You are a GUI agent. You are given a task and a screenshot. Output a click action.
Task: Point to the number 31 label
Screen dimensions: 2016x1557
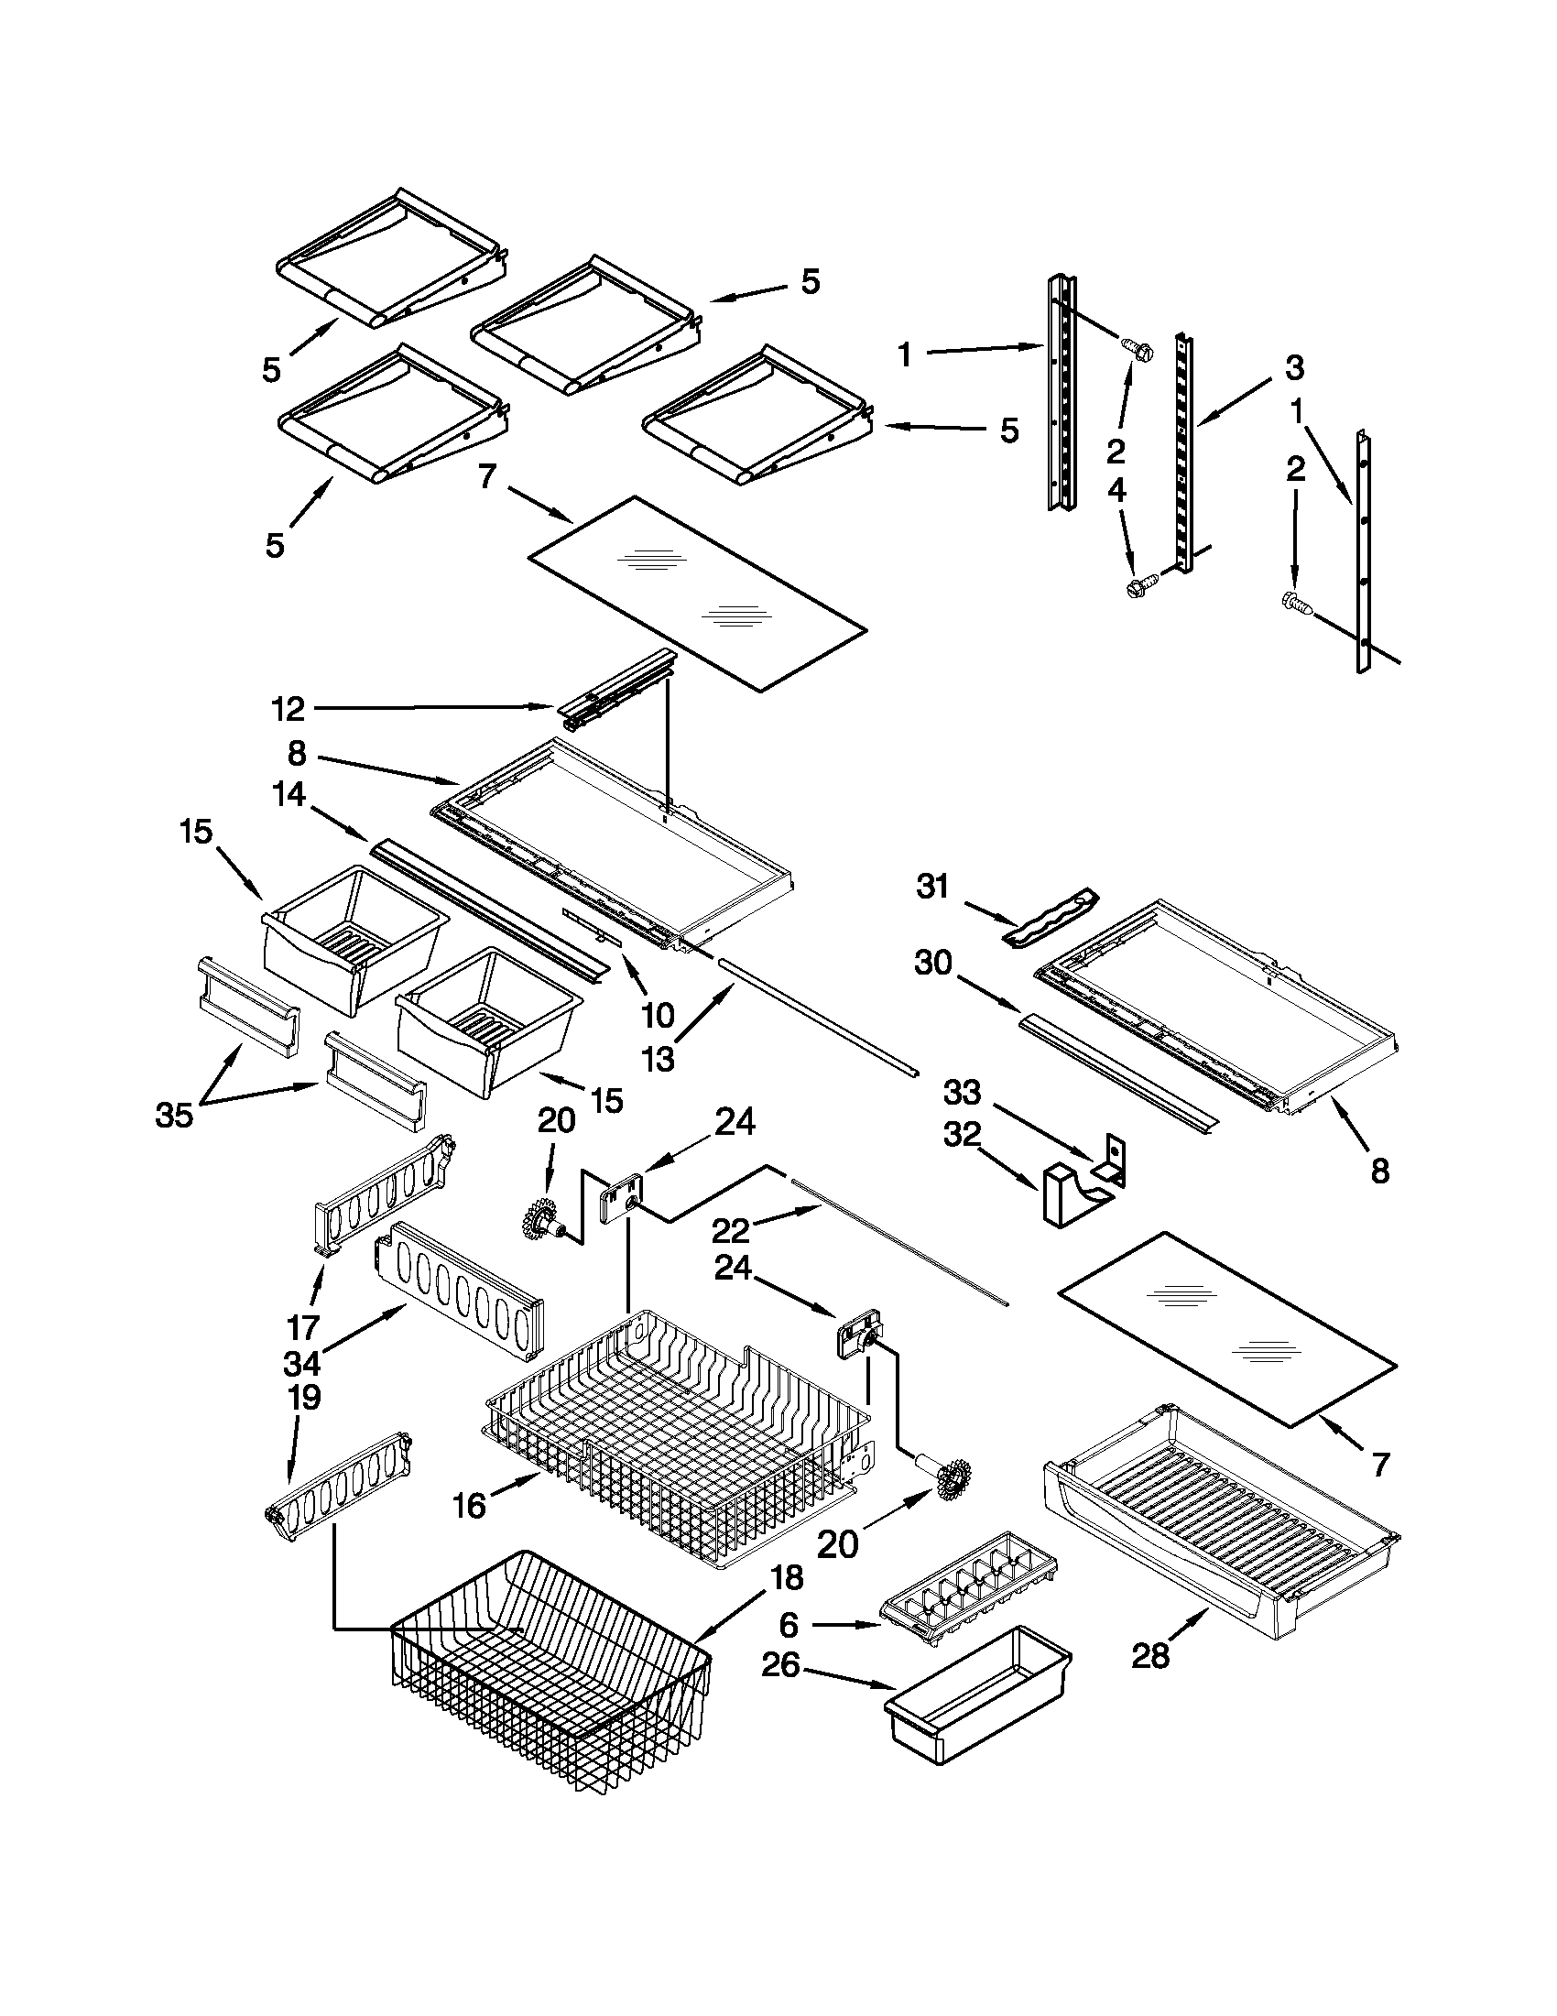[933, 887]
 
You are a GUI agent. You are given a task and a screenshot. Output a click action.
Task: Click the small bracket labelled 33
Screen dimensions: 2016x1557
[1115, 1160]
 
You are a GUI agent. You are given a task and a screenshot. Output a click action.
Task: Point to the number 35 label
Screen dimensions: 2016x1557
[173, 1115]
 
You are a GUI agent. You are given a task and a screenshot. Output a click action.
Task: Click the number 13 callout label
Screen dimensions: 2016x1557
[658, 1061]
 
